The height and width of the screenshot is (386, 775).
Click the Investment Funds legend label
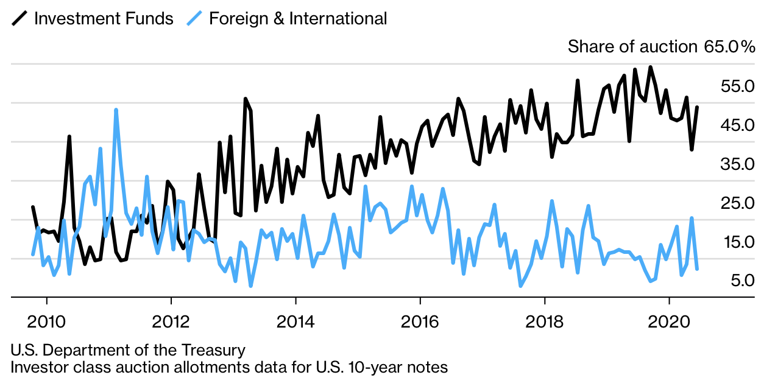[104, 18]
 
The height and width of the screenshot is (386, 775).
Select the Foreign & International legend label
[298, 18]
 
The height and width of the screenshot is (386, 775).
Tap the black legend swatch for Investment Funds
[19, 18]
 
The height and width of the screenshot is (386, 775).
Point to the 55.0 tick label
[737, 86]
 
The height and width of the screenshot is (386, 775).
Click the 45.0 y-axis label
[737, 125]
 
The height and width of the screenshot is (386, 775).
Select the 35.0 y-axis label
[737, 164]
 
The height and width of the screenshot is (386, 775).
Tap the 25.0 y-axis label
[737, 203]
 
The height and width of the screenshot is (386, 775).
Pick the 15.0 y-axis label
[737, 242]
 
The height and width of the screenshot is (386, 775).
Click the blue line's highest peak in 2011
[116, 110]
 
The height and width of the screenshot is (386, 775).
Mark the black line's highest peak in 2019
[651, 67]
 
